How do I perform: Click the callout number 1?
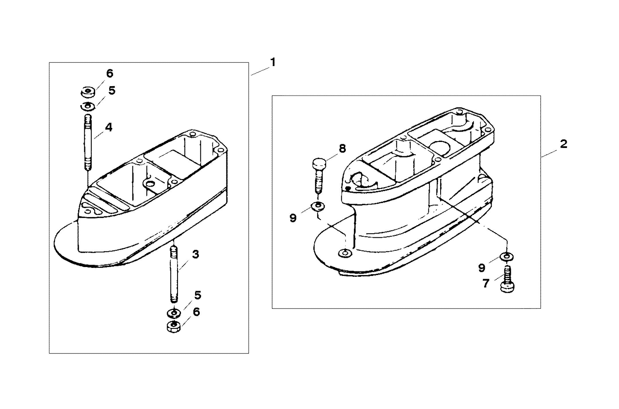click(x=273, y=62)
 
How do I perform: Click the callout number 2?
click(x=563, y=144)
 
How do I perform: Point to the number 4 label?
click(x=108, y=127)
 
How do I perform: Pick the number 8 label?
click(x=342, y=148)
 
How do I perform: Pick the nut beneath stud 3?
click(x=174, y=327)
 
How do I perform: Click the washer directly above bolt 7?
click(x=507, y=257)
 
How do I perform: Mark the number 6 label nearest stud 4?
click(x=109, y=74)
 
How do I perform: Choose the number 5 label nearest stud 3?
click(x=197, y=295)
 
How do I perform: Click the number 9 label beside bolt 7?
click(x=482, y=268)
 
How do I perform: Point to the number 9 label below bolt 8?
click(x=293, y=218)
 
